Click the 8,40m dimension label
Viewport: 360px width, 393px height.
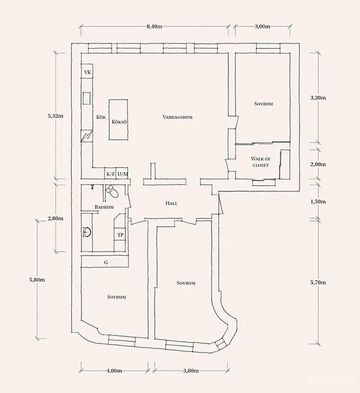pyautogui.click(x=154, y=26)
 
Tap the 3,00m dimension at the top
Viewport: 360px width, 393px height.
pyautogui.click(x=263, y=26)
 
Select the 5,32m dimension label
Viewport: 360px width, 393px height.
pyautogui.click(x=55, y=116)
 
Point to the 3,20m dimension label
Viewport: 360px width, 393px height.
pyautogui.click(x=318, y=98)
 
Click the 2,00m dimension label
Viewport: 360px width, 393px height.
pyautogui.click(x=318, y=165)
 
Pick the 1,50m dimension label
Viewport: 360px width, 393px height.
pyautogui.click(x=318, y=202)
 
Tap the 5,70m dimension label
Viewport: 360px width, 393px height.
pyautogui.click(x=318, y=283)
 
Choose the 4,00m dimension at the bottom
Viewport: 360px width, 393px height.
pyautogui.click(x=114, y=371)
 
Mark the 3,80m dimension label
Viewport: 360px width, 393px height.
pyautogui.click(x=191, y=371)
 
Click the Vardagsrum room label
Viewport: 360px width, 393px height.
pyautogui.click(x=178, y=117)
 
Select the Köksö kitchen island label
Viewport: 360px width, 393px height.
pyautogui.click(x=119, y=122)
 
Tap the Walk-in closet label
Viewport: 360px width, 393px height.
pyautogui.click(x=260, y=162)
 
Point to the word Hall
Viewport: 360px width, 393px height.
pyautogui.click(x=171, y=203)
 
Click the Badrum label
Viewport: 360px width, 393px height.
pyautogui.click(x=104, y=207)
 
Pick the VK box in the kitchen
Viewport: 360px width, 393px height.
pyautogui.click(x=87, y=72)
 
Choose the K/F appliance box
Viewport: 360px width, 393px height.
pyautogui.click(x=110, y=174)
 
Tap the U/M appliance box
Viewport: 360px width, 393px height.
pyautogui.click(x=122, y=174)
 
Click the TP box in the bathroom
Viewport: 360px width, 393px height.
pyautogui.click(x=120, y=235)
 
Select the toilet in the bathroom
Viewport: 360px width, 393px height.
pyautogui.click(x=112, y=191)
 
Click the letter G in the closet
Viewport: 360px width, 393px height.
pyautogui.click(x=106, y=263)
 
